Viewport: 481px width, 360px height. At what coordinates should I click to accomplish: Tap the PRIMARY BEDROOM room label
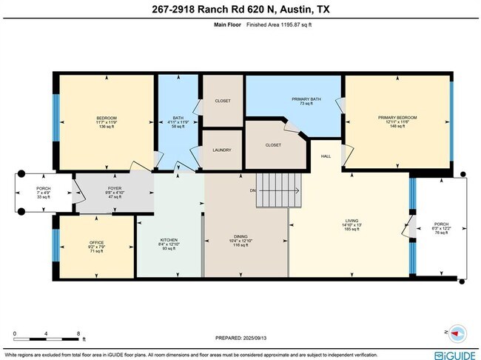point(397,117)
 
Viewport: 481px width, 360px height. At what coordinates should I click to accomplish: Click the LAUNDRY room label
point(222,150)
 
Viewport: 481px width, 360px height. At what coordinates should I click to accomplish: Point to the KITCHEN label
point(169,240)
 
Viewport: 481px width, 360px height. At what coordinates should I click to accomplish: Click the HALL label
point(325,156)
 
